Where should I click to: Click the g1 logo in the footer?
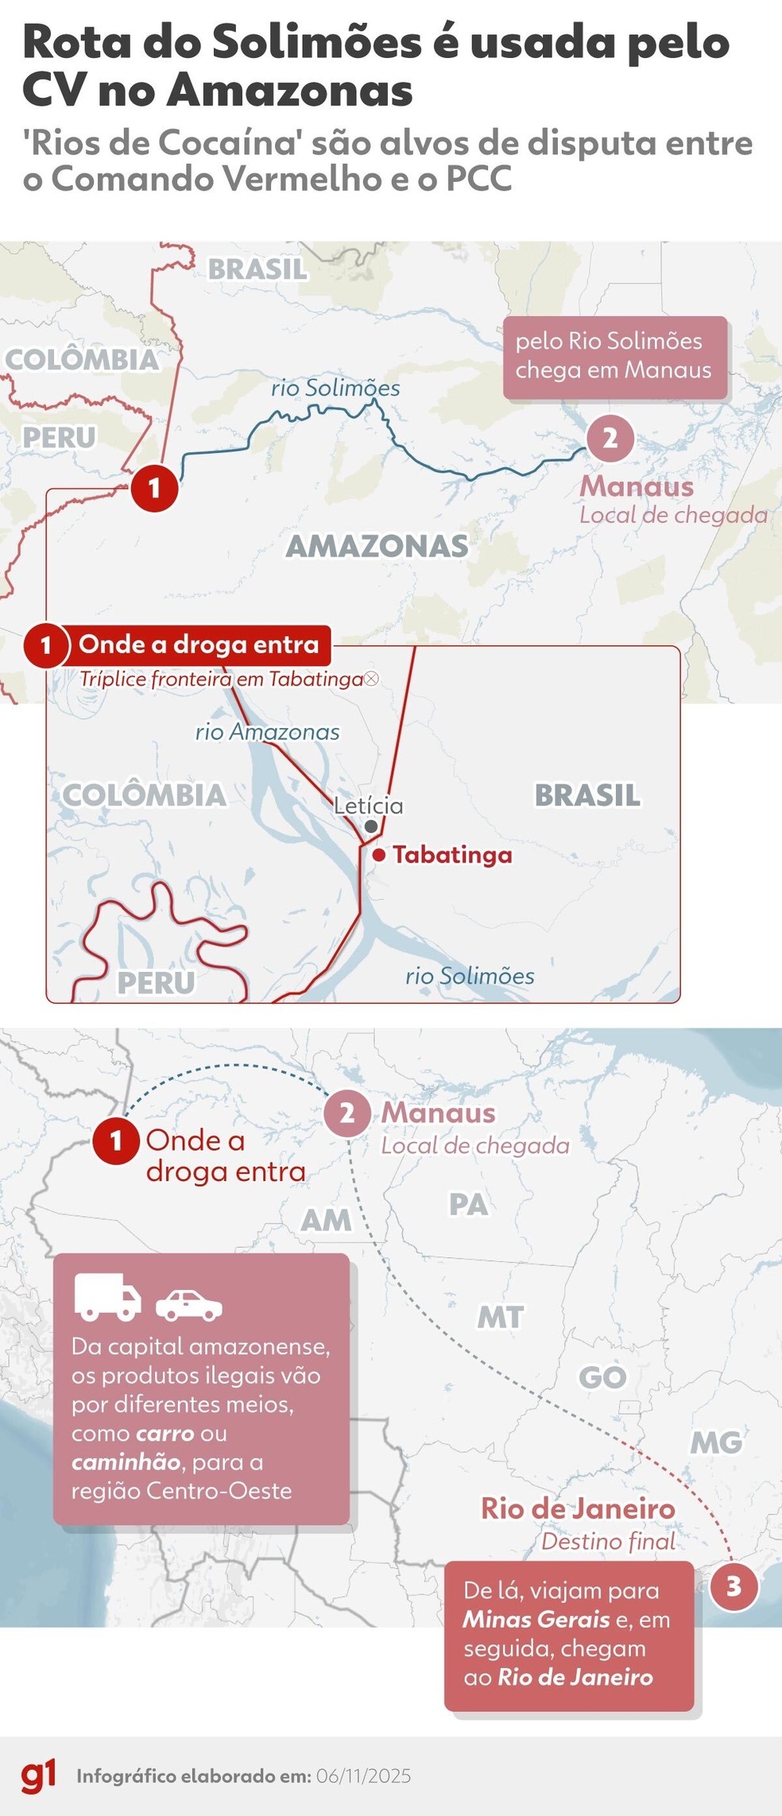[x=38, y=1776]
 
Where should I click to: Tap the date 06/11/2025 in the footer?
[x=363, y=1776]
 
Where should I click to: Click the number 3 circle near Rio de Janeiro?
[x=733, y=1587]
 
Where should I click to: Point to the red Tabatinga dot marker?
[x=380, y=855]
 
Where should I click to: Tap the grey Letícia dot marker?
[x=371, y=827]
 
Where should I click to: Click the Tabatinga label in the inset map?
[x=452, y=855]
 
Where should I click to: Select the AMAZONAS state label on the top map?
[x=377, y=546]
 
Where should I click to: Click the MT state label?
[x=500, y=1318]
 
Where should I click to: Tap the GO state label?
[x=602, y=1377]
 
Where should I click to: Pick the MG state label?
[x=716, y=1442]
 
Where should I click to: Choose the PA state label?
[x=468, y=1205]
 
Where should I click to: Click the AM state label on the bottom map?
[x=326, y=1220]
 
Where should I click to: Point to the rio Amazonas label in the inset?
[x=268, y=732]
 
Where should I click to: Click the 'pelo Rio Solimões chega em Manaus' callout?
[x=614, y=357]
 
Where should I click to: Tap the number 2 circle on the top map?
[x=610, y=438]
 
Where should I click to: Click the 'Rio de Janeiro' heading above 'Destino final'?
[x=578, y=1508]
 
